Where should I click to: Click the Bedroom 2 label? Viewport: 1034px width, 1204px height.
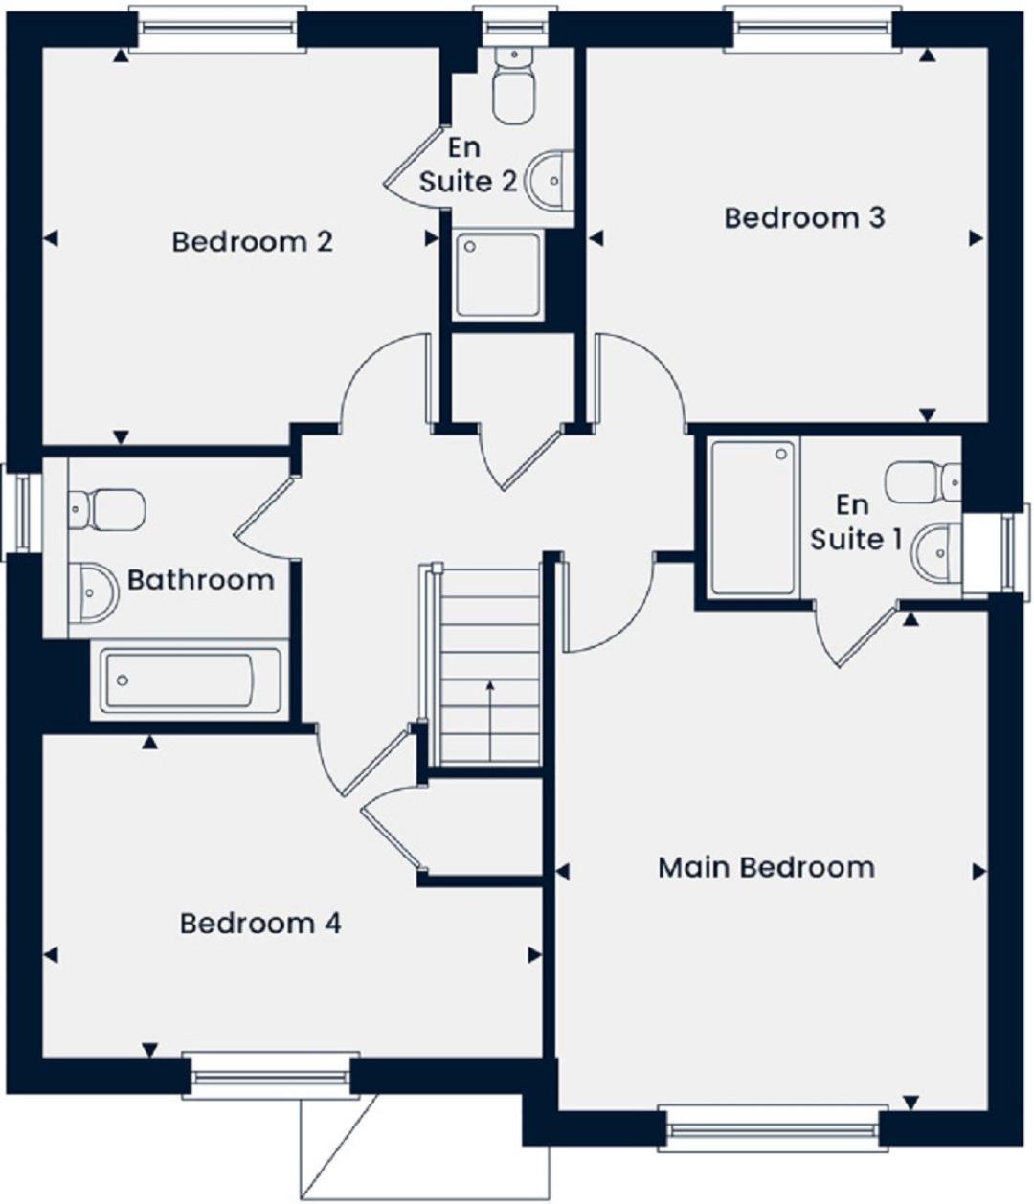click(x=252, y=242)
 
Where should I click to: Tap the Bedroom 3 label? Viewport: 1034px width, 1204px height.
click(x=804, y=218)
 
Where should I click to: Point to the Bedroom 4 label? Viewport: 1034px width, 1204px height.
click(x=260, y=924)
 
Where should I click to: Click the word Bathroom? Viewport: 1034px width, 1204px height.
click(x=200, y=580)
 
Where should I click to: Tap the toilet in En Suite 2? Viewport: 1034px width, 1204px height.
click(x=513, y=85)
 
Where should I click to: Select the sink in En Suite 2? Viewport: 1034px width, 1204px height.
click(x=549, y=179)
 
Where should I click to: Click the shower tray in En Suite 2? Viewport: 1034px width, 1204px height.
click(x=497, y=275)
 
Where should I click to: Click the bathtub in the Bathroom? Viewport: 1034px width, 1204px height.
click(x=190, y=680)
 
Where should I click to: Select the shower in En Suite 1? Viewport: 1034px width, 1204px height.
click(x=753, y=518)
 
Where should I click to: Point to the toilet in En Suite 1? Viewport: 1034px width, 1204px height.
click(x=923, y=481)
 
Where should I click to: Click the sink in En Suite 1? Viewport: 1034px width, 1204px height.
click(x=936, y=552)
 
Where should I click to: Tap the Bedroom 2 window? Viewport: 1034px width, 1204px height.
click(x=217, y=29)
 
